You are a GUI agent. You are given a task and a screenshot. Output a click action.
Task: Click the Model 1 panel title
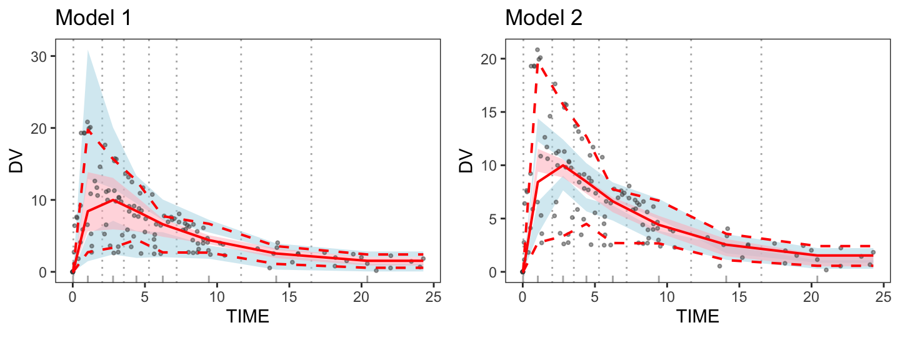93,18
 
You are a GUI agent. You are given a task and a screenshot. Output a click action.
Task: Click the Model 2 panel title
544,18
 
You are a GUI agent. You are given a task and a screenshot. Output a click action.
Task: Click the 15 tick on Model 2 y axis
492,112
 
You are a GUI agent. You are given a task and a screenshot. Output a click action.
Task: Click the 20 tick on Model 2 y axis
492,59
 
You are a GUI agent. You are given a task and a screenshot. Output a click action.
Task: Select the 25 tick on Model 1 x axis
433,294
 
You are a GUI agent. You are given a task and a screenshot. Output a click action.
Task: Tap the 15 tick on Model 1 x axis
289,294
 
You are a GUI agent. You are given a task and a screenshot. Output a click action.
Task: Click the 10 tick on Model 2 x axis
667,294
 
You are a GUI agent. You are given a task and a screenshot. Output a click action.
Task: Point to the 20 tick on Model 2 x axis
811,294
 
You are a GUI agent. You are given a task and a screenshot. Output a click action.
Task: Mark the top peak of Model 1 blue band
87,51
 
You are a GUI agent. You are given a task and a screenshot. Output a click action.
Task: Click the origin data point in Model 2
522,272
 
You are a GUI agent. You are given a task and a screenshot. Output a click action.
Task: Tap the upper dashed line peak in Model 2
537,63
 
